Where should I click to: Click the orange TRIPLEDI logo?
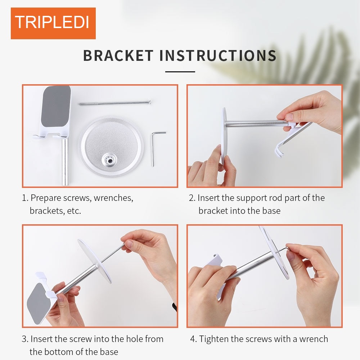[x=53, y=23]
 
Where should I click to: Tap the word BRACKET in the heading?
[x=118, y=55]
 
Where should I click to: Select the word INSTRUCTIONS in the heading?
[x=218, y=55]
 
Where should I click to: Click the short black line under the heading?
[x=180, y=72]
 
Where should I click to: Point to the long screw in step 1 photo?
[x=115, y=103]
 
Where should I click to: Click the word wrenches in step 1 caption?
[x=113, y=198]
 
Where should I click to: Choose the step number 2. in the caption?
[x=192, y=198]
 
